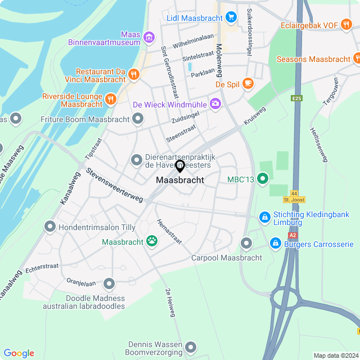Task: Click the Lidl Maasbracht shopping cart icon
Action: [x=231, y=18]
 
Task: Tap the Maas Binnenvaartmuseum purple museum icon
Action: [x=149, y=38]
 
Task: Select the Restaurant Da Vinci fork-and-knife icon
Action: [x=133, y=74]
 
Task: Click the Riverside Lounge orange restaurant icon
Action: [x=110, y=99]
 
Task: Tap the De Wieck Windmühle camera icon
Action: [x=215, y=103]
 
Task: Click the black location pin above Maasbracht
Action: [x=180, y=166]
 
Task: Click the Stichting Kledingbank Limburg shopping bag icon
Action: [x=264, y=217]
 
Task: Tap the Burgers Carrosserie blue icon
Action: [x=275, y=243]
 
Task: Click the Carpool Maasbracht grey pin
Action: [x=246, y=243]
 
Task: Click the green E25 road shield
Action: [x=296, y=98]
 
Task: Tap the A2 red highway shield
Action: [x=292, y=235]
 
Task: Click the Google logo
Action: [x=19, y=353]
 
